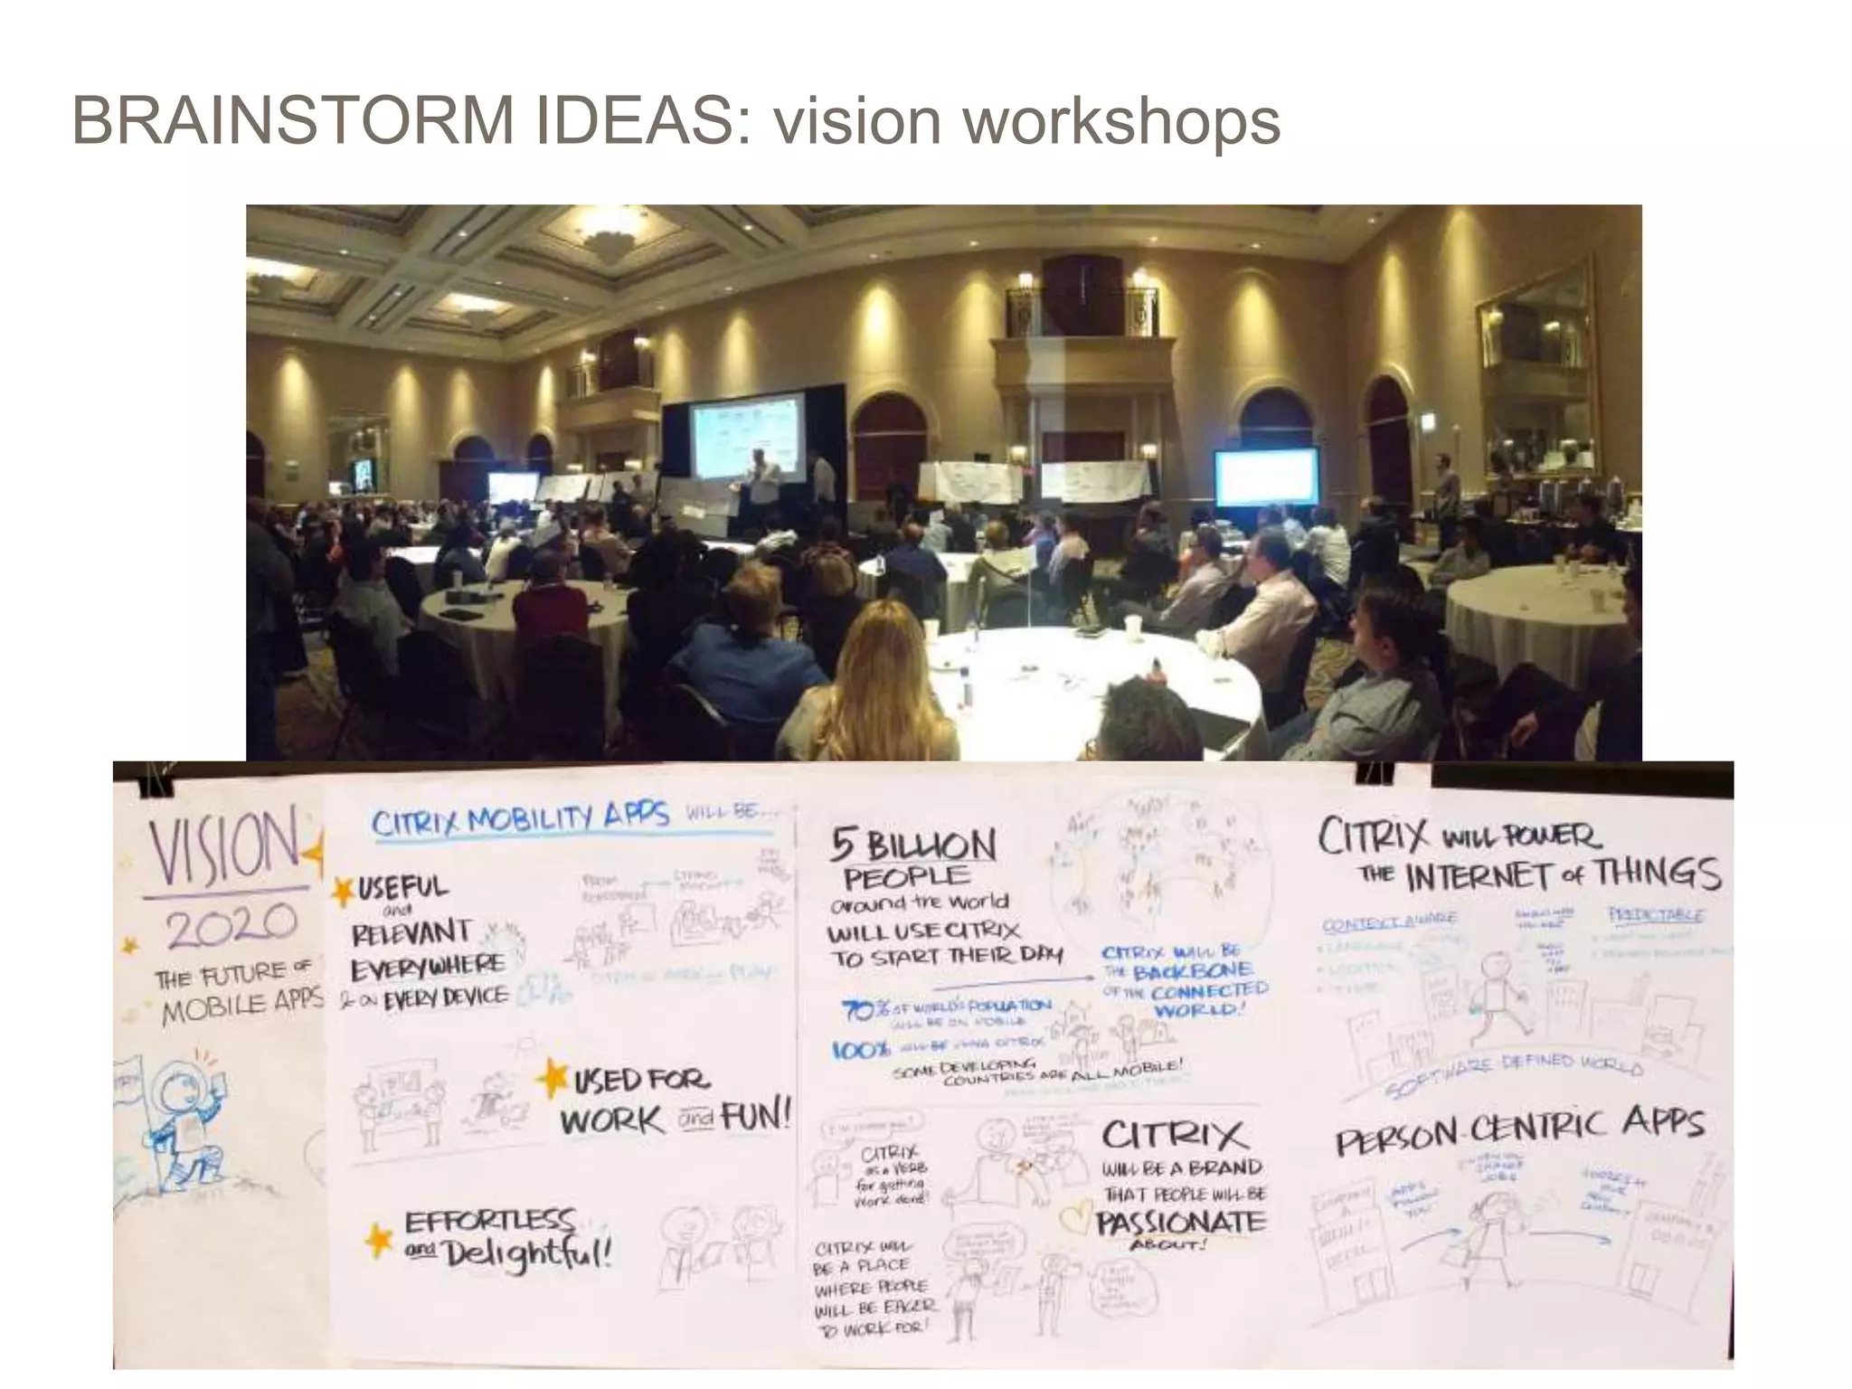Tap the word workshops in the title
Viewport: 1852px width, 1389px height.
click(1122, 120)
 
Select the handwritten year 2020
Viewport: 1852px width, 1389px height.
click(231, 923)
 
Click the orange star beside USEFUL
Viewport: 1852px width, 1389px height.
click(342, 891)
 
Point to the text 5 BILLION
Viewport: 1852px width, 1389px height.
click(912, 846)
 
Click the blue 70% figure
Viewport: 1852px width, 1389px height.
click(858, 1009)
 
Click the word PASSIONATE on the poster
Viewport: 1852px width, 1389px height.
click(1180, 1224)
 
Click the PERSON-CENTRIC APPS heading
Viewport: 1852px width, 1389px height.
click(1519, 1132)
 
